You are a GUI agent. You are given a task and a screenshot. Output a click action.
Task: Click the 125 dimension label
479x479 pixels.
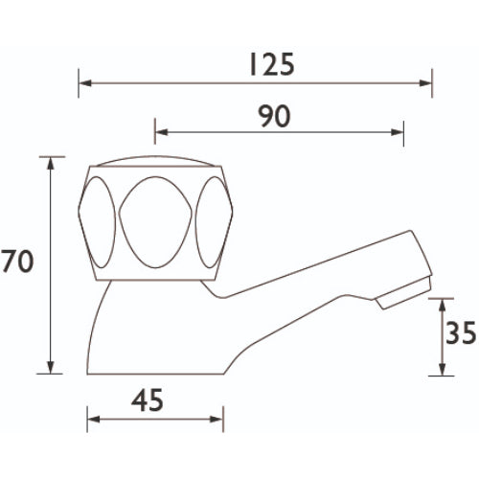[x=272, y=65]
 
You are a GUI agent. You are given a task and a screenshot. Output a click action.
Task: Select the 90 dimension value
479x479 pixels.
[x=275, y=116]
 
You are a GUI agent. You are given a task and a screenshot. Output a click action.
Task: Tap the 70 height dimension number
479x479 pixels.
[x=17, y=261]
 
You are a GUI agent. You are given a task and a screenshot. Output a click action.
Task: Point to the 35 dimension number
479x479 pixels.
[x=461, y=333]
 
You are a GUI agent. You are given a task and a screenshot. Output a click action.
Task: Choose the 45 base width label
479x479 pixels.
[x=148, y=400]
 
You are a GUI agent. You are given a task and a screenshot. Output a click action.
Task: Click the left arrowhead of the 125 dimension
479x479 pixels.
[x=85, y=83]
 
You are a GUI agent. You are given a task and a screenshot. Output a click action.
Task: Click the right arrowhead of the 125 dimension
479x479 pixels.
[x=425, y=83]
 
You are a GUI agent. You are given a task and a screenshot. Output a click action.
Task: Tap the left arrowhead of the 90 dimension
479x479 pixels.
[x=161, y=132]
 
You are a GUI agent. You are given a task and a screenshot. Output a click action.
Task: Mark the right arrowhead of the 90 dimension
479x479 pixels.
[x=398, y=132]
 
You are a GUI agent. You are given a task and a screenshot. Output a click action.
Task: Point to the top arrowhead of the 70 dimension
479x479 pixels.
[x=51, y=164]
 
